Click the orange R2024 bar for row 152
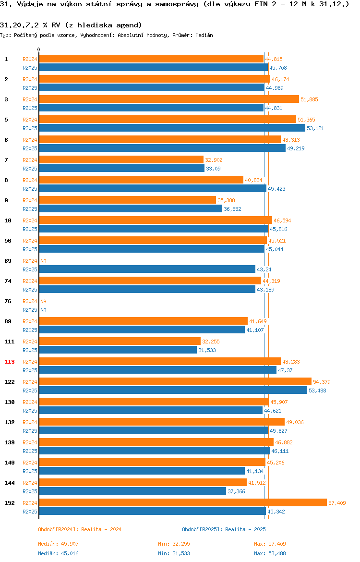(x=183, y=503)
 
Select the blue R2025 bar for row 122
(x=173, y=391)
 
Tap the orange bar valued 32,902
(x=121, y=160)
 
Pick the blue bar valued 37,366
(x=132, y=491)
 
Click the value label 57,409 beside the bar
(x=337, y=503)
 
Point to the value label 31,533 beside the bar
(x=207, y=350)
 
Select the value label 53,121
(x=315, y=128)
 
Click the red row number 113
(x=9, y=362)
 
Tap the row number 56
(x=8, y=241)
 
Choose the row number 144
(x=9, y=483)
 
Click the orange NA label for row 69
(x=43, y=261)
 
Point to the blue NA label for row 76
(x=43, y=310)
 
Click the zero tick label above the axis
(x=39, y=50)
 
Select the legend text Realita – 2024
(x=101, y=529)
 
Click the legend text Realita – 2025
(x=245, y=529)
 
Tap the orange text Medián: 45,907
(x=59, y=544)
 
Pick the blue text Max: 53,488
(x=270, y=553)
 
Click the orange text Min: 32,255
(x=174, y=544)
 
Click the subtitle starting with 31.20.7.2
(x=71, y=25)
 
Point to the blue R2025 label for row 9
(x=30, y=209)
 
